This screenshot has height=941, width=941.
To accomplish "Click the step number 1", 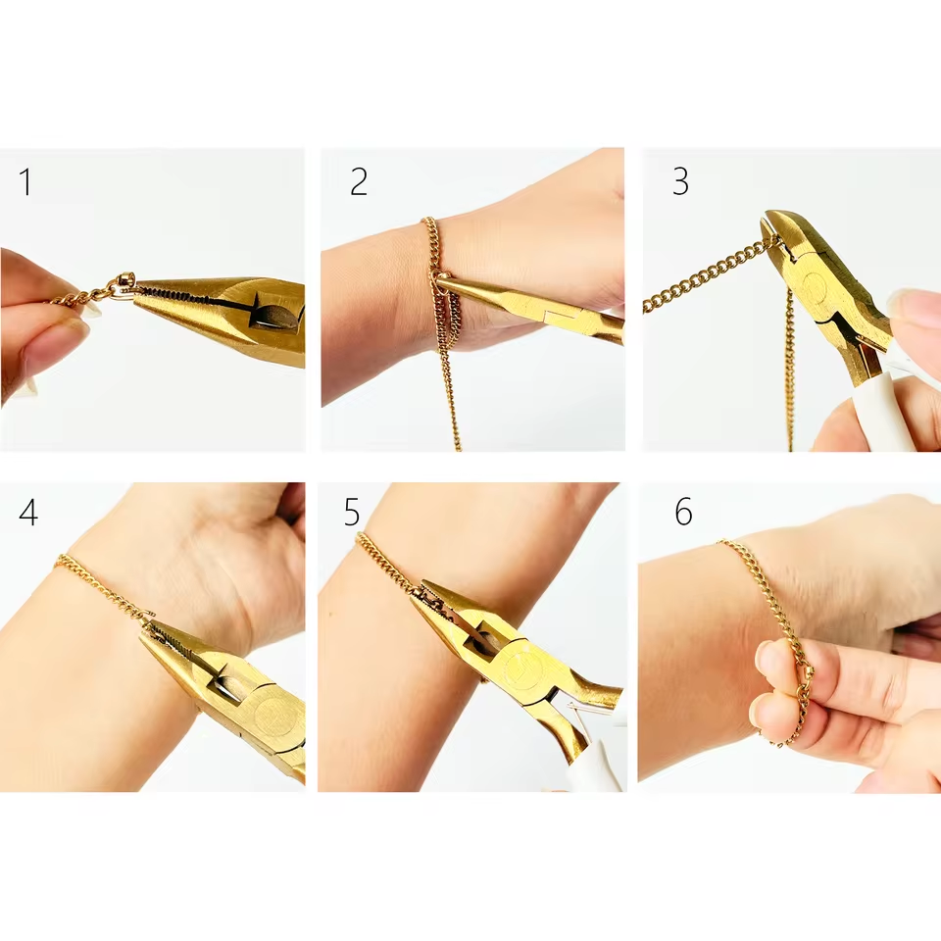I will [x=25, y=182].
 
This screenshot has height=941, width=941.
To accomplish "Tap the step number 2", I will [x=359, y=182].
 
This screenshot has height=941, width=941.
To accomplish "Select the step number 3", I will [x=679, y=182].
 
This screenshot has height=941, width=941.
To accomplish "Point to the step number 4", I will [x=28, y=513].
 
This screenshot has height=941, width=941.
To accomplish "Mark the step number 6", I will [x=683, y=513].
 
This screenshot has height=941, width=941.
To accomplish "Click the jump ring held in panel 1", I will [x=124, y=285].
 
